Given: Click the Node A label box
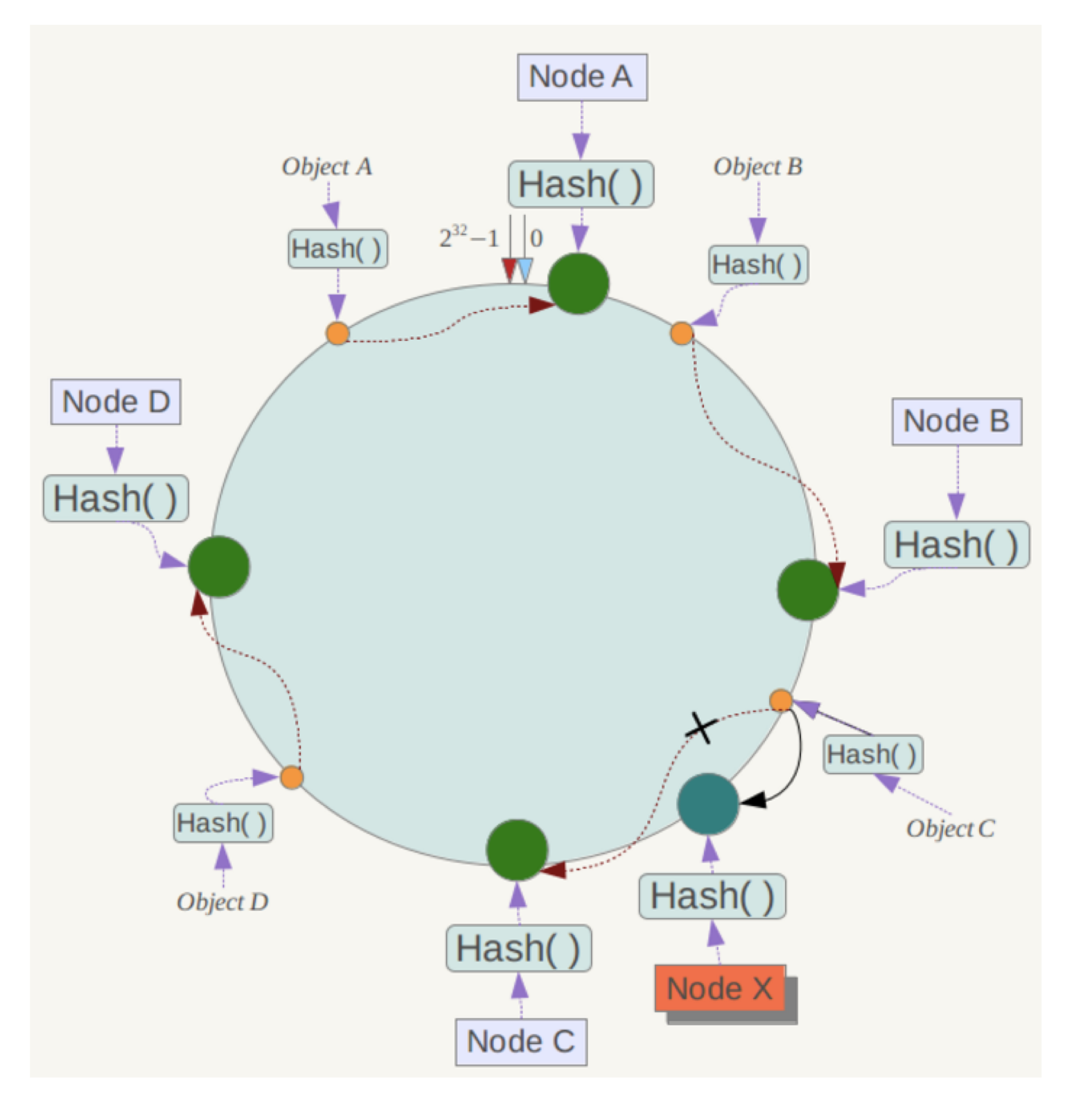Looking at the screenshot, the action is [x=582, y=77].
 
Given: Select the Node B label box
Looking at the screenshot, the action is [x=956, y=421].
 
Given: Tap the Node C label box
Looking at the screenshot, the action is [x=521, y=1042].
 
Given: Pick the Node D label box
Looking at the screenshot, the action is [x=116, y=401].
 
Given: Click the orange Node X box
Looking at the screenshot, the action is [x=720, y=988].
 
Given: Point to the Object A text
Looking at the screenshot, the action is [x=326, y=167].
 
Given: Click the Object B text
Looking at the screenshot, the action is [x=758, y=167].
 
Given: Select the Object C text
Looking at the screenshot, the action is [x=950, y=828].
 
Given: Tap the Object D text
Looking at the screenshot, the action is [x=222, y=902].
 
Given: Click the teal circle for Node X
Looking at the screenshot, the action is [x=707, y=804].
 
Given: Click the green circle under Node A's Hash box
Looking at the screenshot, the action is [x=579, y=283].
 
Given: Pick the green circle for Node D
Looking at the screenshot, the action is [x=219, y=566].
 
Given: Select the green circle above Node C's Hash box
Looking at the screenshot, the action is [x=517, y=850].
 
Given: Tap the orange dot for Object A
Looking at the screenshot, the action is [x=337, y=333].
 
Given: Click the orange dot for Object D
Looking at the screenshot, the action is [x=292, y=777].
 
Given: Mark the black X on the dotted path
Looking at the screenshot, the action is [x=701, y=728].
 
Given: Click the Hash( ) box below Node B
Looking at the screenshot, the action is [x=957, y=545].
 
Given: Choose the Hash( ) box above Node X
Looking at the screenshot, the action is [x=712, y=896].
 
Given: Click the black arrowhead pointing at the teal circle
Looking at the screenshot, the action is [x=753, y=801].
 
